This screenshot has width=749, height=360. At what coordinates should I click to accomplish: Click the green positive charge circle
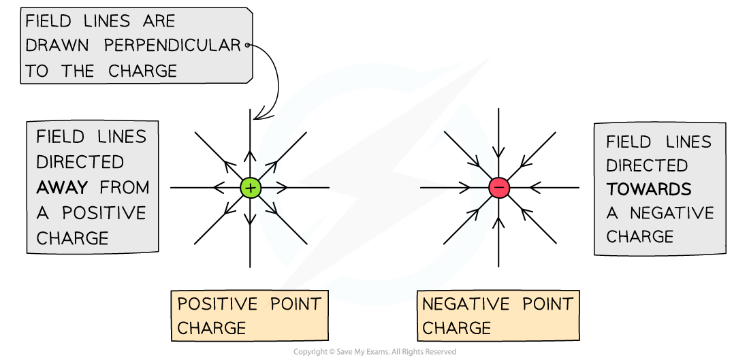[x=251, y=188]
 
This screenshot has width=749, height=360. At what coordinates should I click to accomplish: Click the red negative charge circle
[x=499, y=188]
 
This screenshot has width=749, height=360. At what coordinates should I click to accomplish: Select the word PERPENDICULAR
[x=173, y=46]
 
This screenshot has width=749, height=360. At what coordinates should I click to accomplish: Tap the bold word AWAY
[x=63, y=187]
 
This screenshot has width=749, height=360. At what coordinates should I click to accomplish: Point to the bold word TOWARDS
[x=649, y=190]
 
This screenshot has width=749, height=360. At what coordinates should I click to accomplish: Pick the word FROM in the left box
[x=124, y=187]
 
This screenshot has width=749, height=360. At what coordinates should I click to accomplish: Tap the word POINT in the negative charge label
[x=547, y=304]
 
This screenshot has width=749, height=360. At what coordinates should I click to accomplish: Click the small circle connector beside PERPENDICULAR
[x=247, y=46]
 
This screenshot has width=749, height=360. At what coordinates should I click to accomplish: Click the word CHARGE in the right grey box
[x=640, y=237]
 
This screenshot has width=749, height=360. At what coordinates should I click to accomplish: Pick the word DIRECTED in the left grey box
[x=80, y=162]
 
